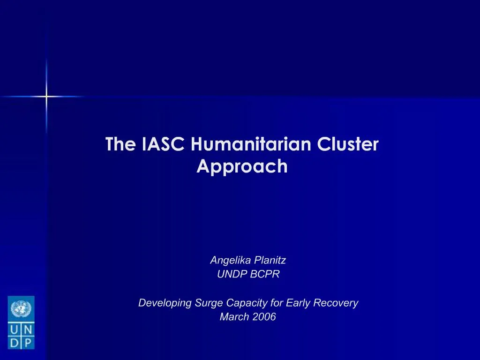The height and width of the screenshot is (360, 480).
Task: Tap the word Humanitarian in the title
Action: coord(251,144)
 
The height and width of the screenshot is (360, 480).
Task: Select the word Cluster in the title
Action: coord(348,144)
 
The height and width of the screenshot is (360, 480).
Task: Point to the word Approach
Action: coord(242,166)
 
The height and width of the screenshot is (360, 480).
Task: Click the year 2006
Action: coord(264,317)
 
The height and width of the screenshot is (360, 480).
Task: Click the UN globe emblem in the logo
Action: coord(21,308)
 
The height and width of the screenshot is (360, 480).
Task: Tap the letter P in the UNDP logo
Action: coord(27,343)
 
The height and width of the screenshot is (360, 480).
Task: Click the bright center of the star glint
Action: coord(46,97)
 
